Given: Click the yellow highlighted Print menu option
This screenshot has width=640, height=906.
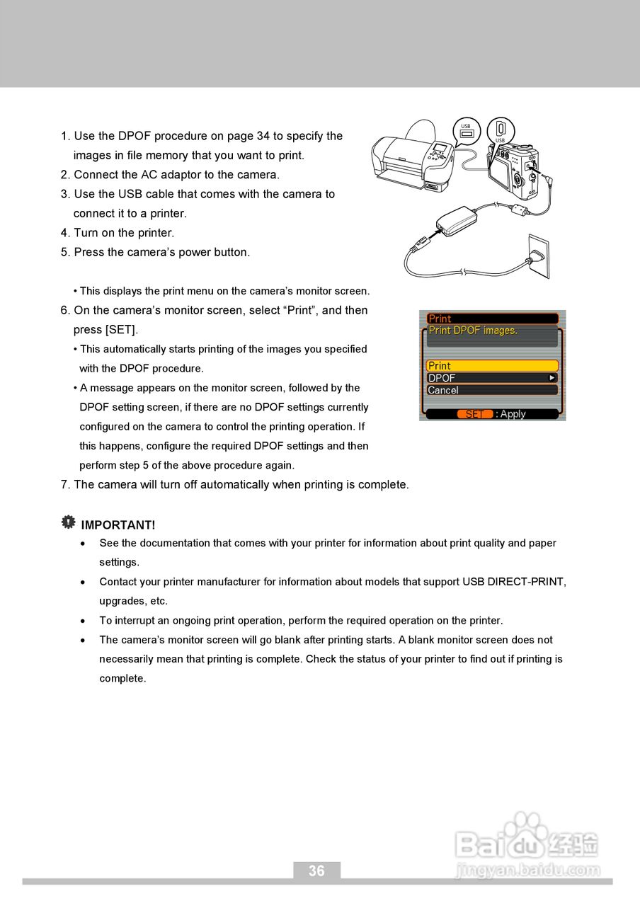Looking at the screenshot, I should [x=492, y=366].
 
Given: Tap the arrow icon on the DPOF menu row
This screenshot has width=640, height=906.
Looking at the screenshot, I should [x=552, y=378].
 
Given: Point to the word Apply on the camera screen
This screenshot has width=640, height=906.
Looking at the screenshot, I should [x=513, y=414].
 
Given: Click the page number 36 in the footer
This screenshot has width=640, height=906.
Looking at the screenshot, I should [x=316, y=871].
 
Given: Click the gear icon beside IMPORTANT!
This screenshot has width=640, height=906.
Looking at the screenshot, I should [x=68, y=522].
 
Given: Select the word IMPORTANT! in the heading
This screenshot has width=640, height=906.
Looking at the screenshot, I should [x=118, y=525].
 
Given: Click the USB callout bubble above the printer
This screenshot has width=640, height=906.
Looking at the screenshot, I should [x=466, y=132].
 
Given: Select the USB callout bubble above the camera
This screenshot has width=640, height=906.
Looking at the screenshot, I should [x=501, y=130].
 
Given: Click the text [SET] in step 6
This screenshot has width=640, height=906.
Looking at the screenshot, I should [x=121, y=330].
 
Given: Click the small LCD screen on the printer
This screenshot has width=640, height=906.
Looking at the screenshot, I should [x=441, y=151].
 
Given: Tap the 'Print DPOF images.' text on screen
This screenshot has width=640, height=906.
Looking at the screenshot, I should [x=473, y=331].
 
